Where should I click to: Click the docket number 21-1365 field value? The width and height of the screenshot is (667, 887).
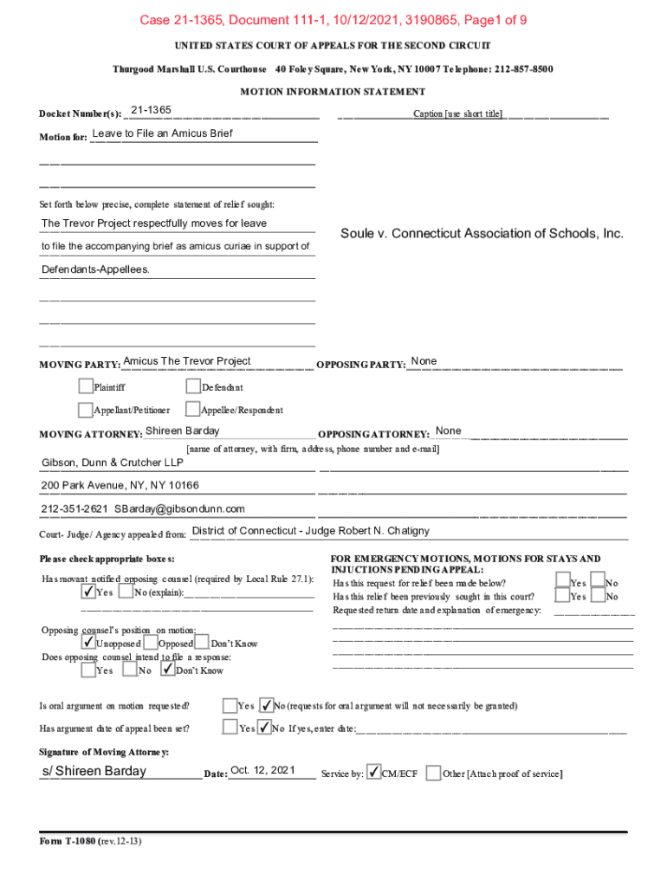coord(151,110)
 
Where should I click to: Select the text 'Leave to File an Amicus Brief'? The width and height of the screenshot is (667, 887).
coord(163,133)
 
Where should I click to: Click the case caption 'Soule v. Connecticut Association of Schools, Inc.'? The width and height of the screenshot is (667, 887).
coord(482,234)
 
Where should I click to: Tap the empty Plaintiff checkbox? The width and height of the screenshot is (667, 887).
coord(85,386)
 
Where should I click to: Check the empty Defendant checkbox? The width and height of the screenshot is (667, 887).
coord(193,386)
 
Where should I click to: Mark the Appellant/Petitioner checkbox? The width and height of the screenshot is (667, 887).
coord(85,409)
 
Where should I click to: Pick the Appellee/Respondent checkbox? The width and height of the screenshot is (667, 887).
coord(193,409)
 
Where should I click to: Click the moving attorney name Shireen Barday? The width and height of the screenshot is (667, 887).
coord(183,431)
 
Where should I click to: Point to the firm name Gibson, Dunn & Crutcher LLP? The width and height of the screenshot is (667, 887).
coord(113,462)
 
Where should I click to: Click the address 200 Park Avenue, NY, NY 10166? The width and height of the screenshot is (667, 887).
coord(120,485)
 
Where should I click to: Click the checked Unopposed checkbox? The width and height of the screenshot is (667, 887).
coord(88,643)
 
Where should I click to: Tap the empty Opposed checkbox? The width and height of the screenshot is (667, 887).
coord(151,643)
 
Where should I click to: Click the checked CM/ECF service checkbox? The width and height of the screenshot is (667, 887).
coord(373,772)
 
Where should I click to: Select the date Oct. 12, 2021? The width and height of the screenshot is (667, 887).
coord(263,770)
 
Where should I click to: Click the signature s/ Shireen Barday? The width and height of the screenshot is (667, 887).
coord(94,771)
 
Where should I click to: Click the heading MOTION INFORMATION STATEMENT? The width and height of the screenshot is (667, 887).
coord(333,91)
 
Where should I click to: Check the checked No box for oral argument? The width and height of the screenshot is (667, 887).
coord(267,704)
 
